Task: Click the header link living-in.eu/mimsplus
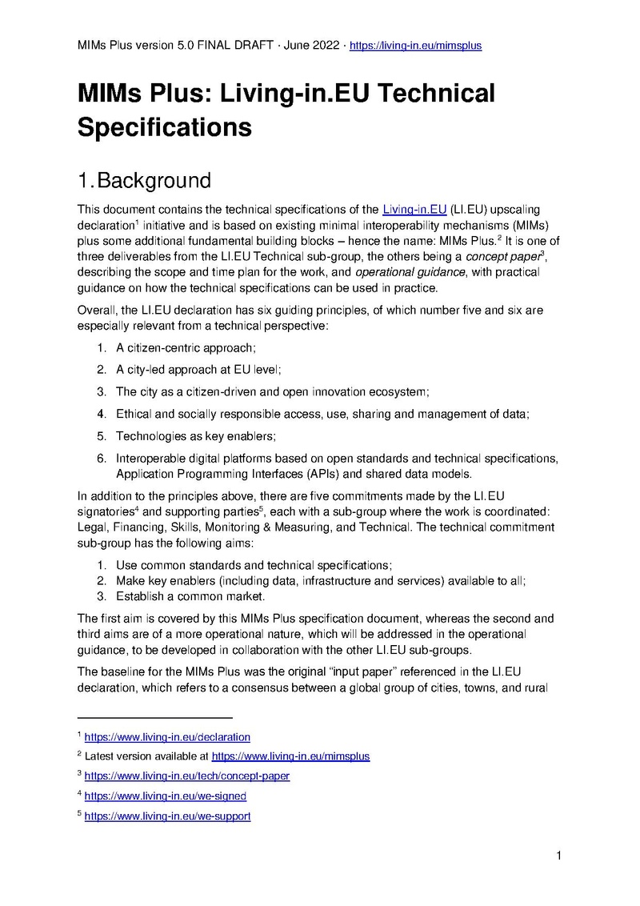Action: coord(415,46)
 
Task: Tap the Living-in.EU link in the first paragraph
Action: coord(414,210)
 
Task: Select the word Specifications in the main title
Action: coord(165,126)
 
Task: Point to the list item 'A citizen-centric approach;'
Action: coord(186,348)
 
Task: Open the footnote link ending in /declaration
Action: coord(167,736)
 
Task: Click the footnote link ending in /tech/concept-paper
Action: coord(186,776)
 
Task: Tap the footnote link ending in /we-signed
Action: coord(165,796)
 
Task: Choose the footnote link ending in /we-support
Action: coord(167,816)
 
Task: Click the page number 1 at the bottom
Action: coord(559,856)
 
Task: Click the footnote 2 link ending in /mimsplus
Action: coord(290,756)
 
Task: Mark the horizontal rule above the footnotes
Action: coord(154,718)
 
